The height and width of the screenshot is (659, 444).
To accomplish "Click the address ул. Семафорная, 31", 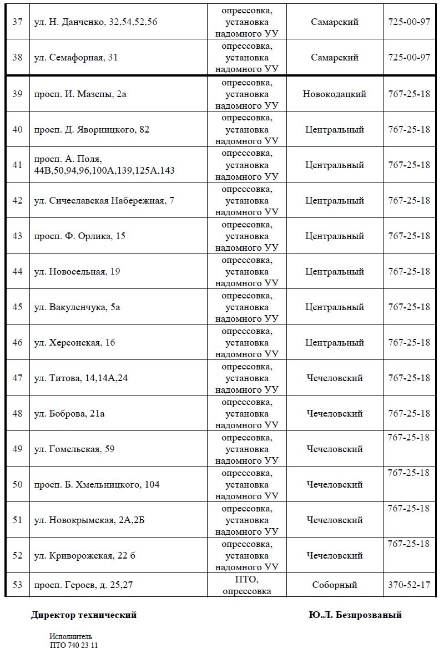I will (x=76, y=58).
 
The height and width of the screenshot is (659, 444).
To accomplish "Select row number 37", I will (x=17, y=22).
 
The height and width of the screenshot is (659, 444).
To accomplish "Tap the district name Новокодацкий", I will (x=334, y=94).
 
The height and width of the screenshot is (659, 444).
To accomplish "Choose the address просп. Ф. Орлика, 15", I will (x=80, y=236).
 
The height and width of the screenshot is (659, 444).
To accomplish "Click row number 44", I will (x=17, y=272).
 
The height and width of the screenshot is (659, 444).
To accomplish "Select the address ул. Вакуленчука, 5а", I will (x=77, y=307).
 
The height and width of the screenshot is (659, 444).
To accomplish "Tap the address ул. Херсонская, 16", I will (x=75, y=343).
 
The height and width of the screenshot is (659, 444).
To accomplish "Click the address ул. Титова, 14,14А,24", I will (x=82, y=378).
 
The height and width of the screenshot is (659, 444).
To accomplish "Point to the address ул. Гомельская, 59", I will (x=74, y=449).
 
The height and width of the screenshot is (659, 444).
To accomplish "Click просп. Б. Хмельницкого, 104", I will (x=97, y=485).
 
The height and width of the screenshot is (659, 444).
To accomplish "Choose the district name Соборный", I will (x=334, y=585).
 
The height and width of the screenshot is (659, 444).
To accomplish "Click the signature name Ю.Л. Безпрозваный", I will (x=356, y=615).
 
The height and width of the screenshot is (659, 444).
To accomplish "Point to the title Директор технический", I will (x=84, y=615).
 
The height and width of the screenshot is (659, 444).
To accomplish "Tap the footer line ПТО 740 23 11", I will (x=73, y=645).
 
